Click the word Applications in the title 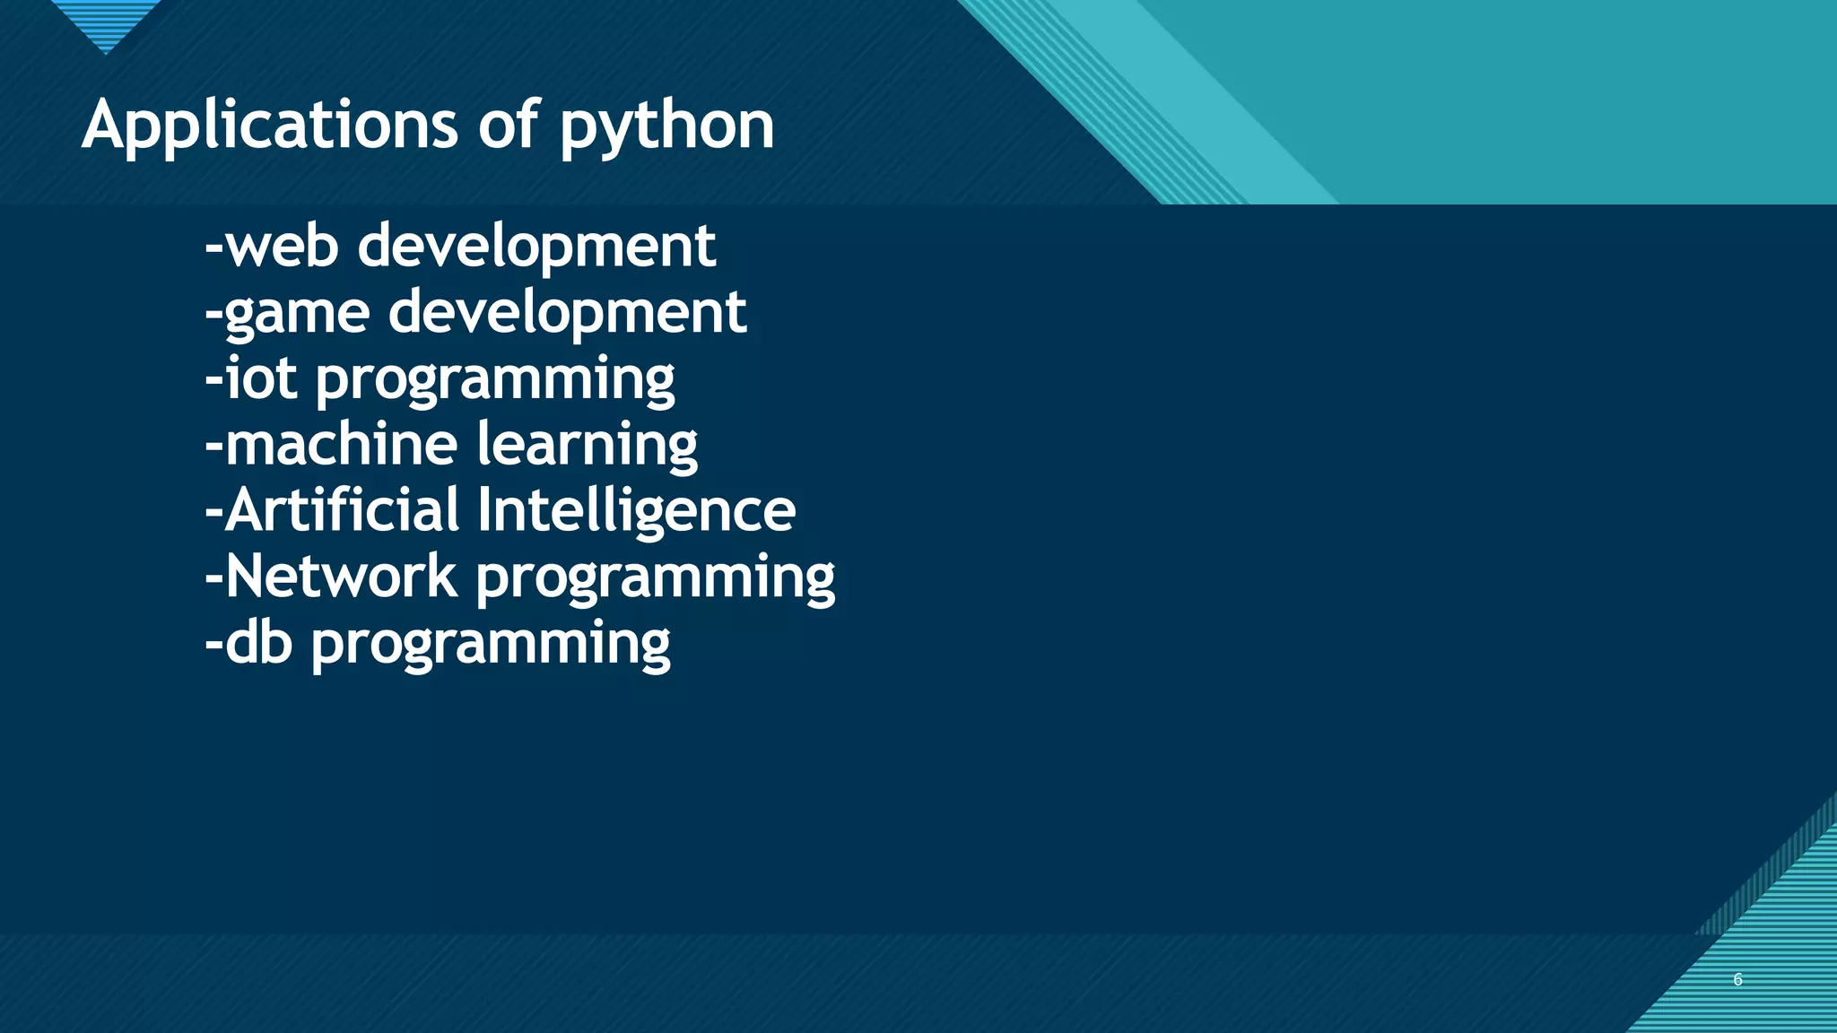pos(270,126)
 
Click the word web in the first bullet pos(281,246)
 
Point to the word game pos(297,314)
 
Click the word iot pos(260,378)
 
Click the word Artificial pos(342,509)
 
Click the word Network pos(341,576)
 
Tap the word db pos(258,642)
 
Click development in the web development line pos(536,247)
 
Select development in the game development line pos(567,314)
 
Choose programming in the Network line pos(656,578)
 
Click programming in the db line pos(491,645)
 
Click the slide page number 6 pos(1737,979)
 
